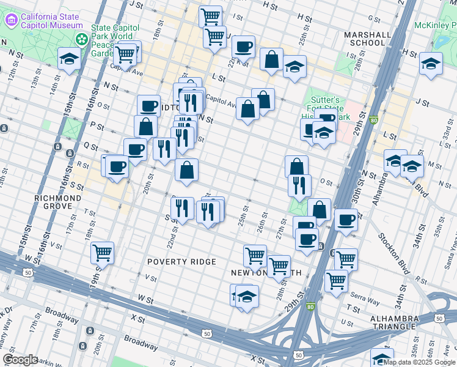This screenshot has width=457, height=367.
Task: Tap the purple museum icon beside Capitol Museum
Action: (x=10, y=20)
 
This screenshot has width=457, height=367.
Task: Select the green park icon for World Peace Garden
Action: (x=81, y=39)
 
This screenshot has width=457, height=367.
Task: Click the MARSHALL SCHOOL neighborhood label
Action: (x=365, y=39)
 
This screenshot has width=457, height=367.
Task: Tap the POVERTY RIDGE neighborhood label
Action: (x=182, y=262)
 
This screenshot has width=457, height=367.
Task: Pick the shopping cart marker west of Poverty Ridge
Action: (x=102, y=252)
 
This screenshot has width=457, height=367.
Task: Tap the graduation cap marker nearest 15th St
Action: (x=70, y=59)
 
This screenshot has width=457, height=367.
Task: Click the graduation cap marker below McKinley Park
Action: (x=431, y=62)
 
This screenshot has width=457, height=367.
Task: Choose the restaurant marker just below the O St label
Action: (x=299, y=185)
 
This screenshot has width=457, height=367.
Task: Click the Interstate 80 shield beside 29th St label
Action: (x=373, y=121)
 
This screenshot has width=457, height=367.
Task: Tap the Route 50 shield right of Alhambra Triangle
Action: (x=439, y=317)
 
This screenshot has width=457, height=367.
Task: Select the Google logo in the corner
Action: (x=20, y=360)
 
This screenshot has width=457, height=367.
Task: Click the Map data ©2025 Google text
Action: (x=419, y=362)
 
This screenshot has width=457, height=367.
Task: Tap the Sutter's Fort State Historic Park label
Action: (x=328, y=108)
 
